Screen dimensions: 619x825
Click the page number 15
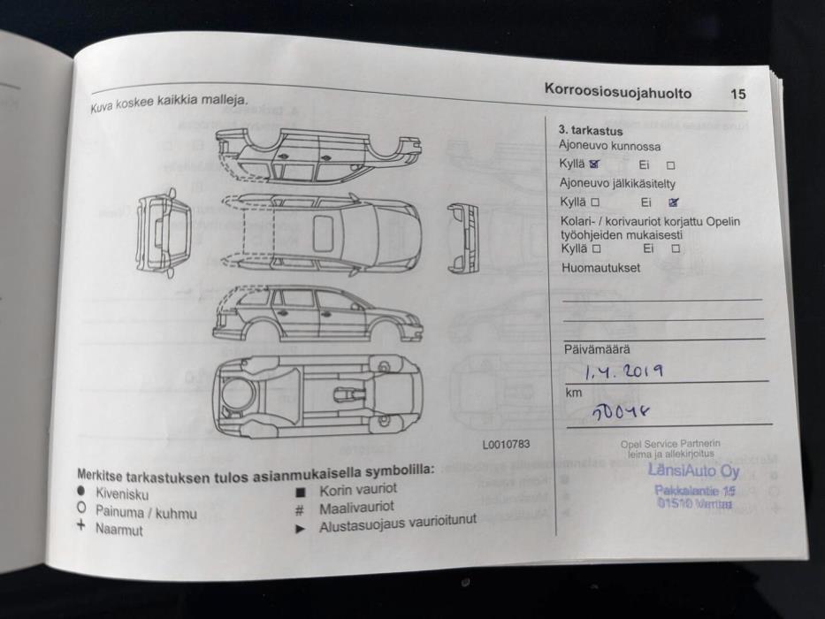coord(737,94)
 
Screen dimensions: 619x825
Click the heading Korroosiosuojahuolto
coord(617,92)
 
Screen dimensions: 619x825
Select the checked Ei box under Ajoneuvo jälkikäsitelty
coord(674,202)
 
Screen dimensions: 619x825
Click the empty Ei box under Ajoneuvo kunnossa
coord(670,164)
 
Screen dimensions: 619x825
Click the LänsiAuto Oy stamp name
coord(692,470)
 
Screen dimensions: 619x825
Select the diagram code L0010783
coord(506,445)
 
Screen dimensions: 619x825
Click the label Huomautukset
coord(599,268)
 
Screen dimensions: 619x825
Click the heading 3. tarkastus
coord(590,131)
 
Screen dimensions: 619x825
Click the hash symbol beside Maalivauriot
coord(300,509)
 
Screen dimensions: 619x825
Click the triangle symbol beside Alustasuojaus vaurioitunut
coord(301,528)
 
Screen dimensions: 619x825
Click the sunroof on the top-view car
coord(324,232)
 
